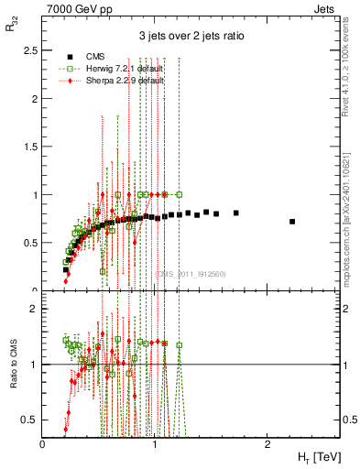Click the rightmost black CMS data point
292,222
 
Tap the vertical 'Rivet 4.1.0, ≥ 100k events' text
350,69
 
